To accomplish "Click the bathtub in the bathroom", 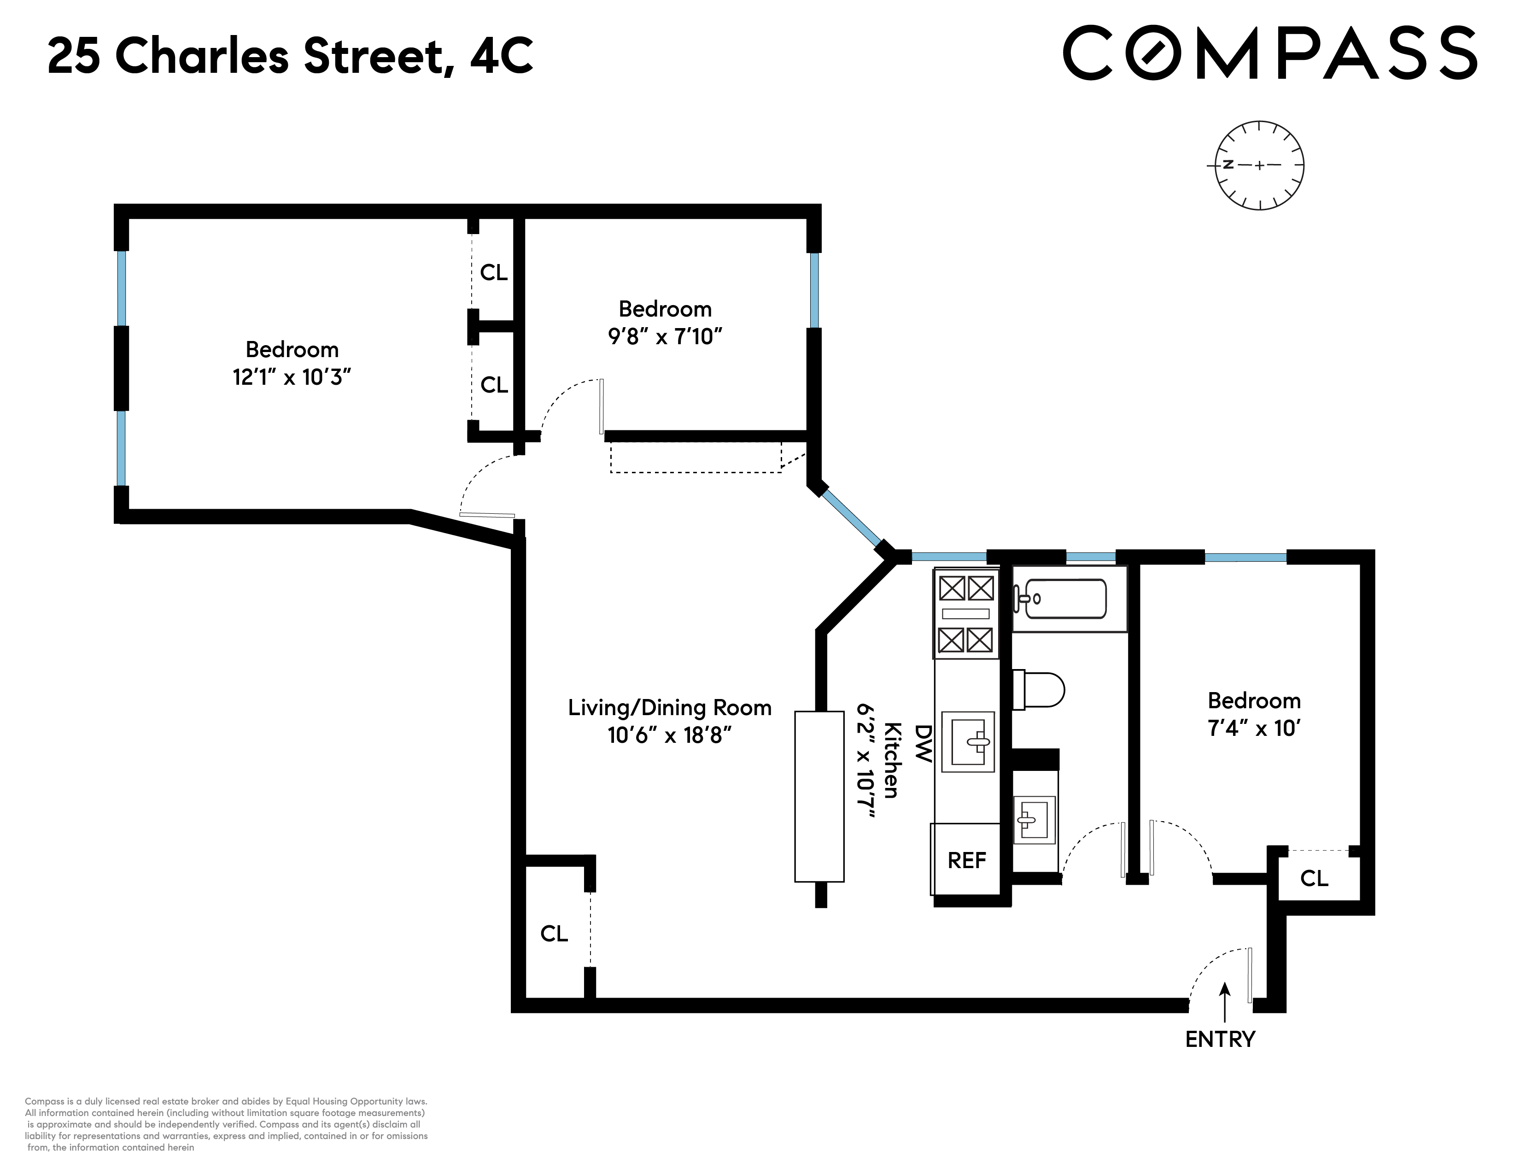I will click(1060, 599).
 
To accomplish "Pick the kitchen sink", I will click(967, 742).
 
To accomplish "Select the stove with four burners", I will click(966, 613).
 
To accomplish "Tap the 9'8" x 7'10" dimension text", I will click(665, 337).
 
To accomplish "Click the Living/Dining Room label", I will click(670, 708).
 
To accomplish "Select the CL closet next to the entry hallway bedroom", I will click(1314, 878).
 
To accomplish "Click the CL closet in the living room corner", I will click(554, 934).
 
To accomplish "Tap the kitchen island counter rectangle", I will click(819, 796).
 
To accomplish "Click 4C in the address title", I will click(501, 56).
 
